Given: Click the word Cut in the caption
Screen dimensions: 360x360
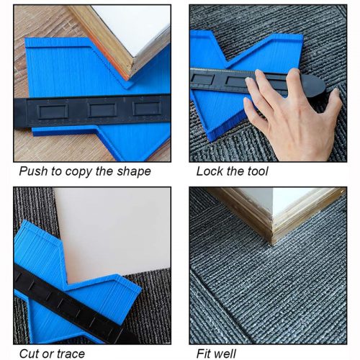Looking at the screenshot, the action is pos(28,354).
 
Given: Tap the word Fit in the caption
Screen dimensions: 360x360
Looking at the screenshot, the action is pos(203,354).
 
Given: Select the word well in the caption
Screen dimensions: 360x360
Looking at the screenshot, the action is pos(224,354).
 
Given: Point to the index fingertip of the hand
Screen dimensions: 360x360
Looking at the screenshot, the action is pos(259,72).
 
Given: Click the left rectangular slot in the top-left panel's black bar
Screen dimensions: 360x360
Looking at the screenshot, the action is pos(53,112).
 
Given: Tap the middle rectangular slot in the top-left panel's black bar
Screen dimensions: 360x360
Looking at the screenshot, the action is pos(102,110).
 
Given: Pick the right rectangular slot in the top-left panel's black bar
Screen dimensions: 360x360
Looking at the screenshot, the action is pos(147,109).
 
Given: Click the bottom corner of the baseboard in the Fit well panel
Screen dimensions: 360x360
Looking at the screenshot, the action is pos(272,243).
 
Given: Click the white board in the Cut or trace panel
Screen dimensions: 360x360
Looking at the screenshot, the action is pos(113,230).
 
